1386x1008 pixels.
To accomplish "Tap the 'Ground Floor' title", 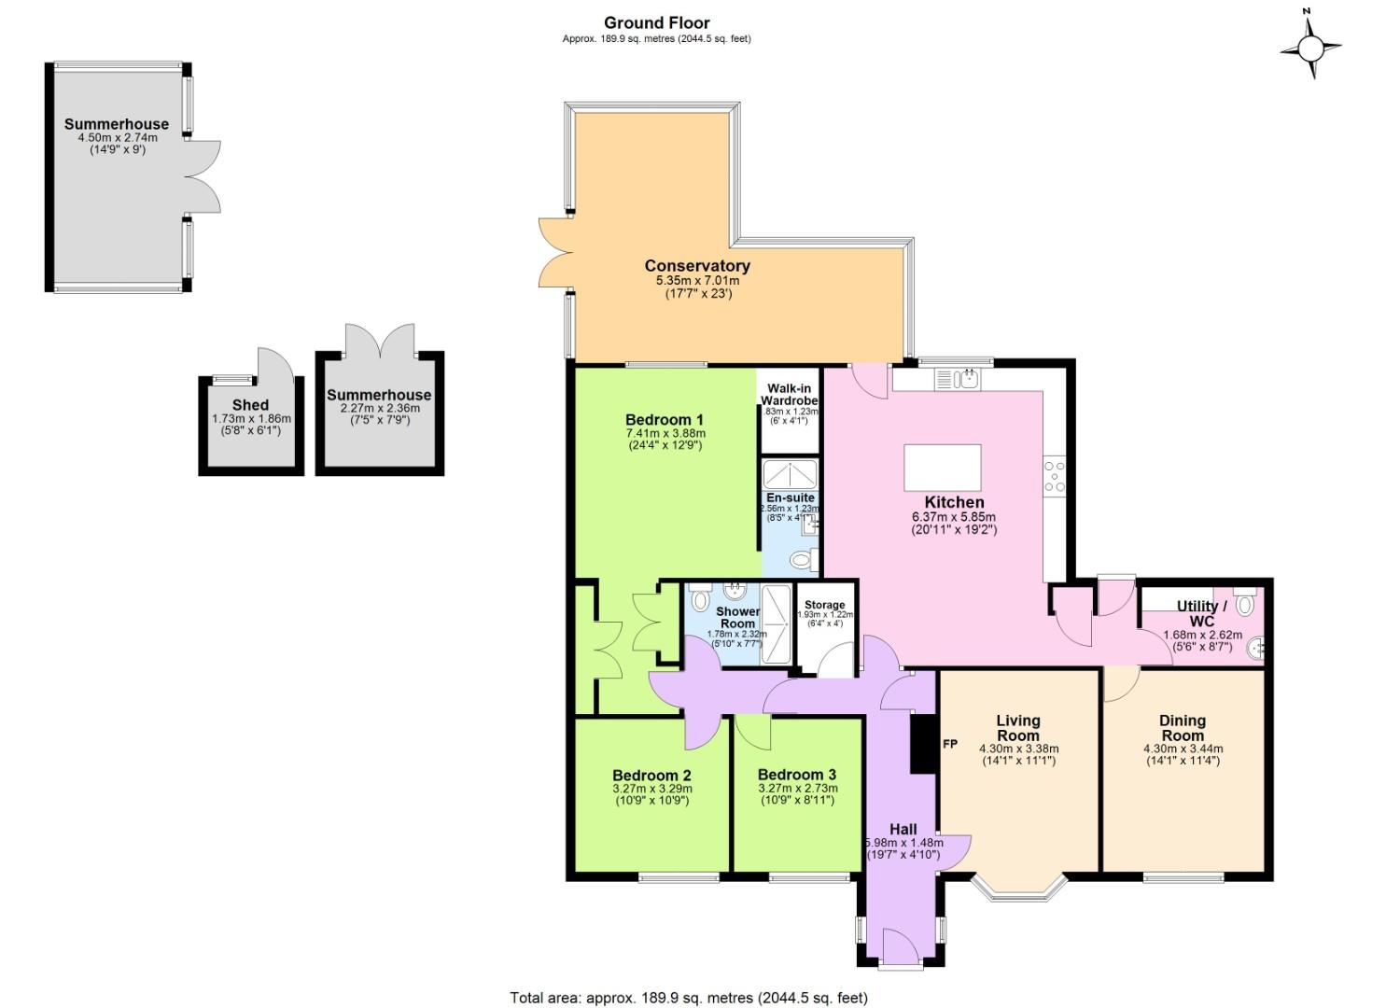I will (x=656, y=23).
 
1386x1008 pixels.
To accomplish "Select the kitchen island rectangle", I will (x=943, y=468).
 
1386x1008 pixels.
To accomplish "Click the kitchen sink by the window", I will (x=957, y=379).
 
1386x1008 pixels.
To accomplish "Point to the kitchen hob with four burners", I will (x=1055, y=476).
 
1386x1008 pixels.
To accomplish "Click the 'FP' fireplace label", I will (x=950, y=744).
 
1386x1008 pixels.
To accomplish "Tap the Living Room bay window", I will (x=1018, y=888).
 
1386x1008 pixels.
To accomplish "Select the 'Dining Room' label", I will (x=1182, y=728).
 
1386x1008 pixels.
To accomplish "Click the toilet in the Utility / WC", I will (x=1244, y=602).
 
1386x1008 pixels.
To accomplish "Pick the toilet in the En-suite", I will (x=801, y=560).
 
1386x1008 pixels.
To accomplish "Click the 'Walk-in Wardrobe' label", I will (x=789, y=394).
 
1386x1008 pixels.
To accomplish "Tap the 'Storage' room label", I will (x=824, y=605).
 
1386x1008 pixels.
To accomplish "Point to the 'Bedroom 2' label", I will (x=651, y=775).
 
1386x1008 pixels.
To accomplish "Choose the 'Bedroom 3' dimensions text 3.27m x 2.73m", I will (x=796, y=789).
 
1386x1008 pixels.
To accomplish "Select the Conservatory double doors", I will (x=556, y=252).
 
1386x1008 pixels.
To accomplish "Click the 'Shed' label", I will (x=250, y=405).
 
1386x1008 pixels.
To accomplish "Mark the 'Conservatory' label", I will (x=696, y=266).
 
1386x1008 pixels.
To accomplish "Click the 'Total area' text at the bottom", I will (x=689, y=997).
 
